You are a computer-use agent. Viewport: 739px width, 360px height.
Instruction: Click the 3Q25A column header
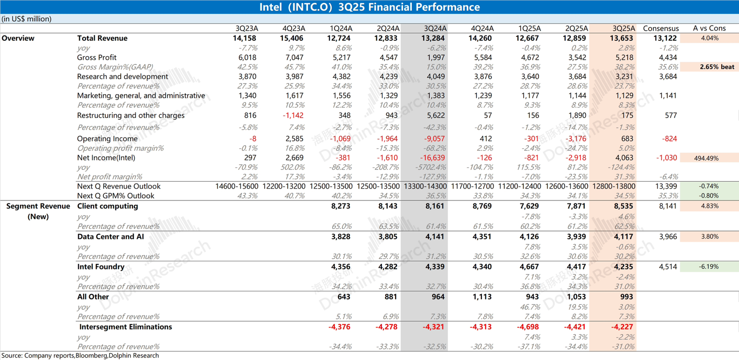pyautogui.click(x=624, y=29)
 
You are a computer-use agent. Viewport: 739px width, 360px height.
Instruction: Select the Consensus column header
pyautogui.click(x=661, y=29)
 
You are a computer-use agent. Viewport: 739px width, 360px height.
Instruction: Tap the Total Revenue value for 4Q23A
pyautogui.click(x=293, y=38)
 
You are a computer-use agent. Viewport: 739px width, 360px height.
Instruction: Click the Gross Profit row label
pyautogui.click(x=97, y=58)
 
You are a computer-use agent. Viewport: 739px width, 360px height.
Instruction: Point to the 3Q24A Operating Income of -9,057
pyautogui.click(x=434, y=139)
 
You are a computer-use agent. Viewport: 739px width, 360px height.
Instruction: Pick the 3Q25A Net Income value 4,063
pyautogui.click(x=624, y=158)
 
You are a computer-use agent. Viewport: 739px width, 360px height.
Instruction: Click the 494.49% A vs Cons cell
pyautogui.click(x=709, y=158)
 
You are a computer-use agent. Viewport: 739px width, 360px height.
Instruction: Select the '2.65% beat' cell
pyautogui.click(x=717, y=67)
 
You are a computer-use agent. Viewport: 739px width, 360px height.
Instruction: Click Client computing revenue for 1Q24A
pyautogui.click(x=340, y=206)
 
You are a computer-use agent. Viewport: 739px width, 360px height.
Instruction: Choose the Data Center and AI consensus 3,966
pyautogui.click(x=668, y=237)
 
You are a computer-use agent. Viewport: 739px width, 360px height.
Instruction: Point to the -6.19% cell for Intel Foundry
pyautogui.click(x=709, y=267)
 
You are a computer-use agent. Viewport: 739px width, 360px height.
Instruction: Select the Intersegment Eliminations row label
pyautogui.click(x=126, y=327)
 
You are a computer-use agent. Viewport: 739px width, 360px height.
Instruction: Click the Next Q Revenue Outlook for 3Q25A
pyautogui.click(x=613, y=187)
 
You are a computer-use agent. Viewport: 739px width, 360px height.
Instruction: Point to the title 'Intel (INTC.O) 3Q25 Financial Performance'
pyautogui.click(x=369, y=7)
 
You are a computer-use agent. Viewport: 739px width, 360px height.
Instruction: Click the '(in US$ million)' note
pyautogui.click(x=27, y=19)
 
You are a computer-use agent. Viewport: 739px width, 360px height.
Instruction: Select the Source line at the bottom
pyautogui.click(x=80, y=356)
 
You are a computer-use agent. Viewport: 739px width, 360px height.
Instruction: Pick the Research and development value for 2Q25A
pyautogui.click(x=576, y=77)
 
